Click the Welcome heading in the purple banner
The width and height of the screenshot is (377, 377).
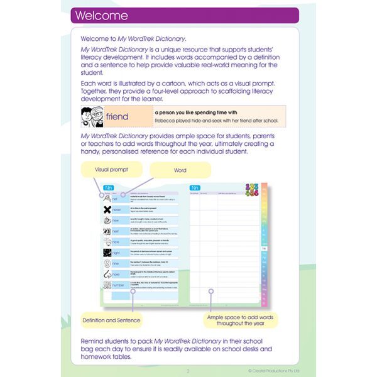pos(101,16)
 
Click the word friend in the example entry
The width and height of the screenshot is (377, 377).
pos(117,117)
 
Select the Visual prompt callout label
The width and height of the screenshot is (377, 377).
pos(112,170)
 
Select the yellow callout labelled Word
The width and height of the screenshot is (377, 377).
pos(180,170)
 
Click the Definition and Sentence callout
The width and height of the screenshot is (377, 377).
pos(111,320)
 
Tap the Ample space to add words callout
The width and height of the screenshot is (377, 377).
pos(242,320)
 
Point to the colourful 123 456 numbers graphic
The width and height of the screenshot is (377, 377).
pos(251,190)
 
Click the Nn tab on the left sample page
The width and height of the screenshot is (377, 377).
pos(107,187)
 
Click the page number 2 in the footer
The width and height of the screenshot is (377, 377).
pos(187,370)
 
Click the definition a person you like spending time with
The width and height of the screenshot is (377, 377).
pos(192,112)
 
